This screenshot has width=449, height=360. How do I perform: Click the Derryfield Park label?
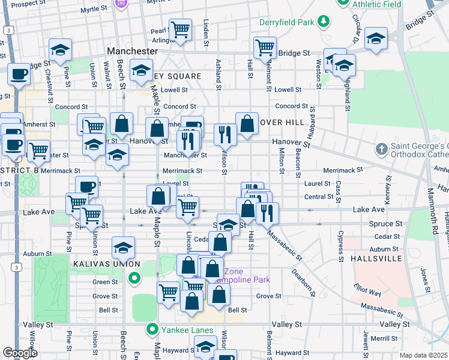[x=287, y=23]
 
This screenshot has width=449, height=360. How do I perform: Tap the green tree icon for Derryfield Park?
[x=324, y=22]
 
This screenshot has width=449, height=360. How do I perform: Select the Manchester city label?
[x=132, y=52]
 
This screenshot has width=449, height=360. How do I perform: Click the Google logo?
[x=20, y=353]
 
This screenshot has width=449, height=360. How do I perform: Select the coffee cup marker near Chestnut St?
[x=19, y=74]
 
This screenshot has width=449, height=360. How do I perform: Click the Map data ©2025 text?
[x=423, y=355]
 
